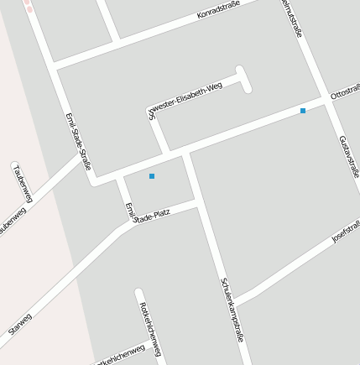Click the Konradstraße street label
click(x=218, y=10)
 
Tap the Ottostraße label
click(x=345, y=91)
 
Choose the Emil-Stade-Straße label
click(x=77, y=141)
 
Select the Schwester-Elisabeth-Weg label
click(x=186, y=101)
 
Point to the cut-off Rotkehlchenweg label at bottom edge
click(x=117, y=357)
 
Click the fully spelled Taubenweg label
click(x=22, y=183)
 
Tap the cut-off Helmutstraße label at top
click(x=291, y=18)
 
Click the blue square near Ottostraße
click(x=303, y=111)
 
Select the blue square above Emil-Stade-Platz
click(x=152, y=176)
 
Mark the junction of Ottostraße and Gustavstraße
click(x=323, y=98)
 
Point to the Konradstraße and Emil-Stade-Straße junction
click(x=53, y=65)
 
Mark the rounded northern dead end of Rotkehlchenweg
click(x=139, y=293)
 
